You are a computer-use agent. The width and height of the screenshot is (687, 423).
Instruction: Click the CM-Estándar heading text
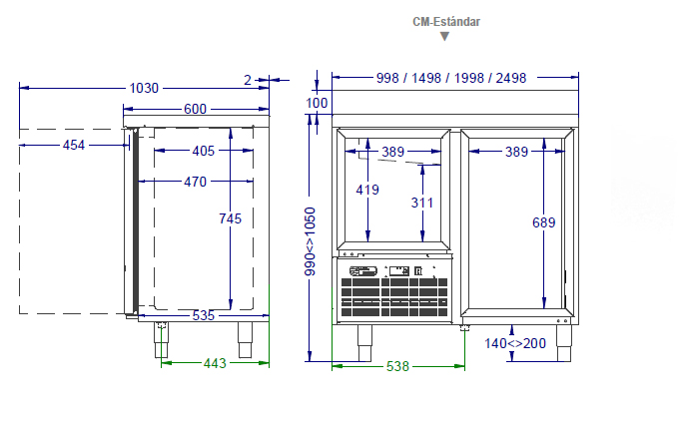(446, 22)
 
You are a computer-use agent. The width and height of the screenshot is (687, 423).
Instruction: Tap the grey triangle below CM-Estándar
(444, 36)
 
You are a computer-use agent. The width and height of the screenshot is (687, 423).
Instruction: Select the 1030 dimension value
(144, 88)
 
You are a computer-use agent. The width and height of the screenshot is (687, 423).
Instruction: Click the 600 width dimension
(195, 109)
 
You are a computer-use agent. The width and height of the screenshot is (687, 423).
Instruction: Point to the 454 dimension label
(74, 145)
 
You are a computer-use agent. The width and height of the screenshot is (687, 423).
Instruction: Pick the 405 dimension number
(204, 151)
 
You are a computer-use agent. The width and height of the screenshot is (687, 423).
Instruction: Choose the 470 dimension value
(195, 182)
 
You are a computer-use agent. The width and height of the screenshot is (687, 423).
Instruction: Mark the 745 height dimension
(230, 218)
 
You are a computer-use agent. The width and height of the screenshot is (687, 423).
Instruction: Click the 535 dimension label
(204, 315)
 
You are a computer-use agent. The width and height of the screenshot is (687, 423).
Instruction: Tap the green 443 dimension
(215, 363)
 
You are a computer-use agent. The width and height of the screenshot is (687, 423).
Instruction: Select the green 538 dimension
(397, 366)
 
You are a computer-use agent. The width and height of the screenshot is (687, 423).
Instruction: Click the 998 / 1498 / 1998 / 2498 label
(451, 78)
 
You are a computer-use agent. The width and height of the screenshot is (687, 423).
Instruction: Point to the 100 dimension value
(317, 103)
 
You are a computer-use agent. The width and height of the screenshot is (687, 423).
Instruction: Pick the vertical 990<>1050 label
(310, 241)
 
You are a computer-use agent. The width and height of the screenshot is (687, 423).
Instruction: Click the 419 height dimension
(367, 190)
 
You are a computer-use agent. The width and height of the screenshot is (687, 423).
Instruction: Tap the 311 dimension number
(422, 203)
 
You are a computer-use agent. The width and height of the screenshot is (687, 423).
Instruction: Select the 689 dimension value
(544, 222)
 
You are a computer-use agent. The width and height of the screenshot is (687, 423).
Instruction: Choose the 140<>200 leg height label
(515, 343)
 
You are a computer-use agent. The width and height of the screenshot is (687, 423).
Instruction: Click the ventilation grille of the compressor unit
(394, 297)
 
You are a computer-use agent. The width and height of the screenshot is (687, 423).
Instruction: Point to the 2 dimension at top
(248, 80)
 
